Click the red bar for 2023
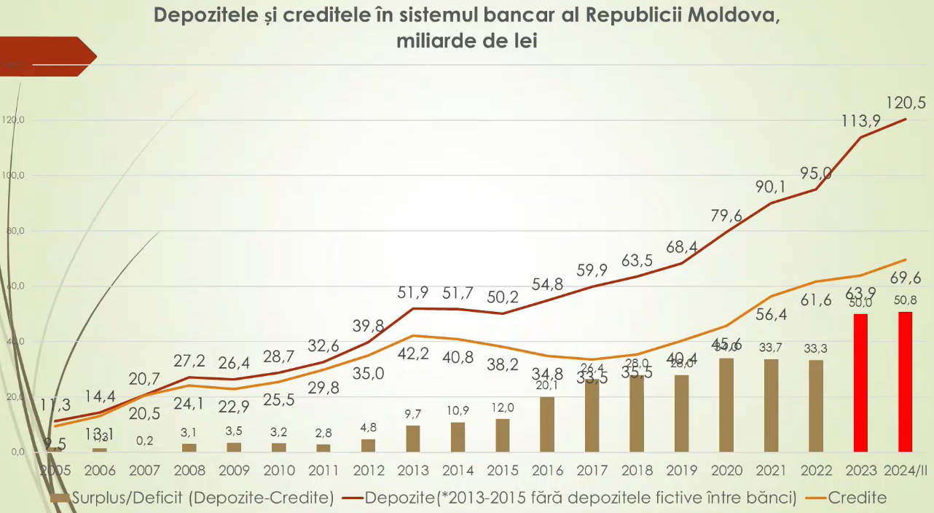[x=860, y=383]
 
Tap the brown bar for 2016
[x=547, y=424]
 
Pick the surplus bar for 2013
[x=413, y=438]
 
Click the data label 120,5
[x=906, y=103]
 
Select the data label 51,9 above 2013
[x=412, y=293]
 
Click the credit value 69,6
[x=906, y=278]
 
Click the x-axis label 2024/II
[x=906, y=470]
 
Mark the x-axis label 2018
[x=636, y=470]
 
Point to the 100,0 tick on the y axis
[x=14, y=176]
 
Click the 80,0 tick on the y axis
[x=14, y=231]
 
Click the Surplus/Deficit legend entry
[x=193, y=498]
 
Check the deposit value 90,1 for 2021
[x=771, y=187]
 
